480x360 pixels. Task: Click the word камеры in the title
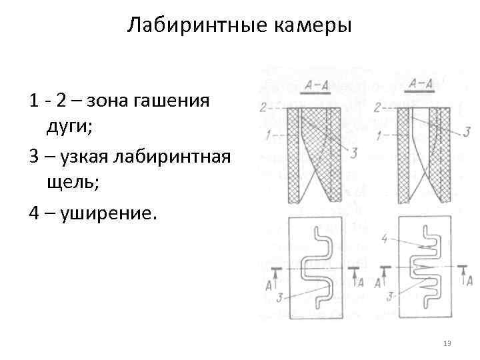click(x=313, y=26)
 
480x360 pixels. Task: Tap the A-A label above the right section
click(x=421, y=83)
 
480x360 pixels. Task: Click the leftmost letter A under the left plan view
click(x=268, y=285)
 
